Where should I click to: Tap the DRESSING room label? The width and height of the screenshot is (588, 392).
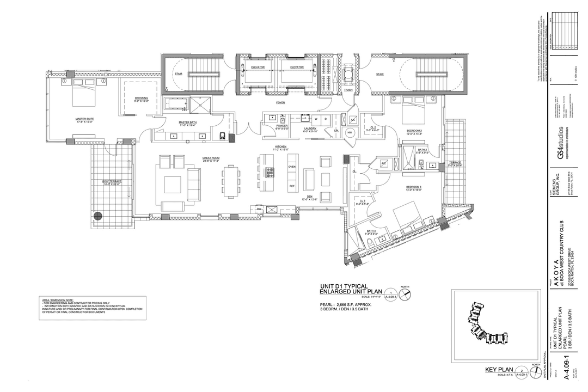click(141, 99)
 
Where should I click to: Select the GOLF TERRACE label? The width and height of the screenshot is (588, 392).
click(111, 182)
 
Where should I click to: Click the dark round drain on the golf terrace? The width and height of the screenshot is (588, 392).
click(98, 216)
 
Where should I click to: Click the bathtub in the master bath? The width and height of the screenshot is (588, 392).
click(175, 103)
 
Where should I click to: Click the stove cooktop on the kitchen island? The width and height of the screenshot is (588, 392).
click(269, 173)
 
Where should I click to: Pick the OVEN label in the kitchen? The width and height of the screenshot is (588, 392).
click(292, 167)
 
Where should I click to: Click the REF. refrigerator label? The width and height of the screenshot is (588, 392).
click(292, 186)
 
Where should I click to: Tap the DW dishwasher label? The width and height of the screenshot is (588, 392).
click(259, 208)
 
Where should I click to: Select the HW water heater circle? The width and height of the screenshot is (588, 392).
click(350, 132)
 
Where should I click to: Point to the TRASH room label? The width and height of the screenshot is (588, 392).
click(348, 90)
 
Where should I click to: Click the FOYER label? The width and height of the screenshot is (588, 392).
click(280, 102)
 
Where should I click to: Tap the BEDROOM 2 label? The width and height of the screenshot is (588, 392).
click(414, 131)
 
